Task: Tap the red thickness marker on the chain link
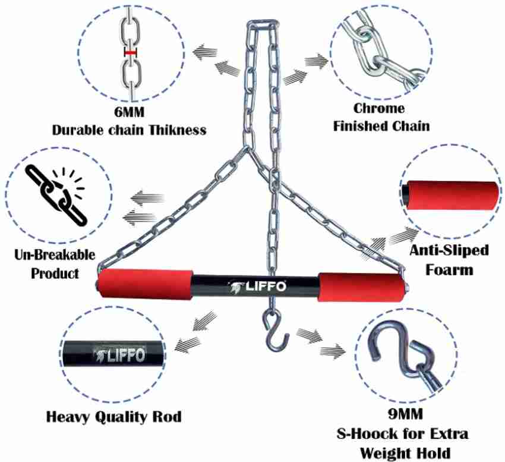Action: [x=130, y=54]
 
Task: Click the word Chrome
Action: [x=379, y=109]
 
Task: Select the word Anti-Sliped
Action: [x=449, y=251]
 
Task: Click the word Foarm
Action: [x=449, y=269]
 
